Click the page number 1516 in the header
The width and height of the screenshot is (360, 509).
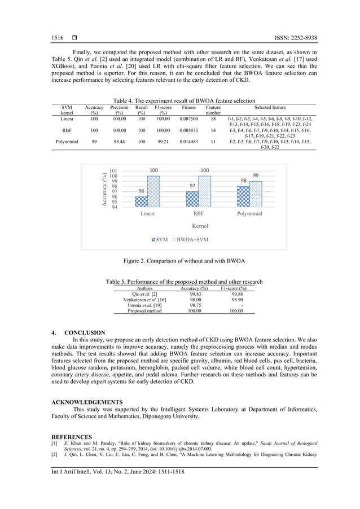[58, 38]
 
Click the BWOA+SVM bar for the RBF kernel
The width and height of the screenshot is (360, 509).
[204, 191]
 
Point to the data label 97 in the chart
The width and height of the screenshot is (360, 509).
[192, 186]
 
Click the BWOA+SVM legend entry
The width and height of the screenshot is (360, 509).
[190, 239]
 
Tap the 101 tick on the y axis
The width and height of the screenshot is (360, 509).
[113, 171]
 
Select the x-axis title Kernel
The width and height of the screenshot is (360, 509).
[200, 226]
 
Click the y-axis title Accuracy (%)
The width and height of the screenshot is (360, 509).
[104, 189]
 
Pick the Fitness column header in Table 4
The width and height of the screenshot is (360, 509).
[188, 107]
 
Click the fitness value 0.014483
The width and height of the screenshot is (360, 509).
[188, 142]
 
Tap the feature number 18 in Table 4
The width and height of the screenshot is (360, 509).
[213, 119]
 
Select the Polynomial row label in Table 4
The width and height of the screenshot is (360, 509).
[67, 142]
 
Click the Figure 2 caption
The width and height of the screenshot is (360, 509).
[179, 261]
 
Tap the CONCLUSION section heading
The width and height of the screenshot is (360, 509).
[85, 333]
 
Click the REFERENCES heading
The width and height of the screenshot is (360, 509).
[72, 437]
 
